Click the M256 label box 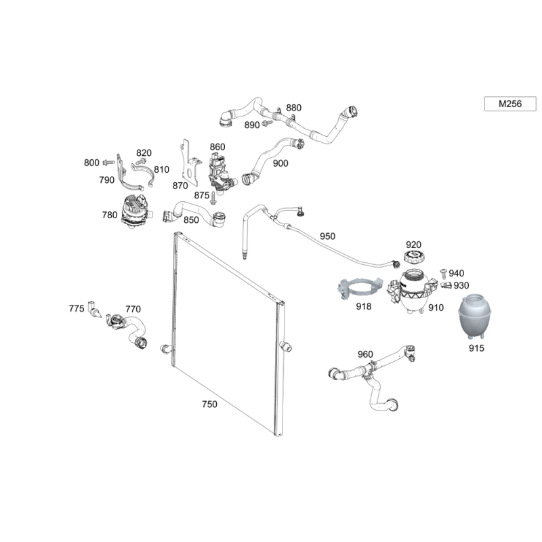[510, 104]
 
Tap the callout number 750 [209, 404]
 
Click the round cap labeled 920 [413, 257]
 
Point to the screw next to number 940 [444, 273]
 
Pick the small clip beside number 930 [446, 285]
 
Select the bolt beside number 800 [109, 162]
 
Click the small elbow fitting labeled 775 [93, 309]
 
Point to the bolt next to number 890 [267, 123]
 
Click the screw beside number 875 [213, 199]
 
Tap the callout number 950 [327, 236]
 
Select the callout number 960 [365, 354]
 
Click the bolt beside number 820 [140, 161]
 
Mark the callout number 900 [280, 163]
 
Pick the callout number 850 [191, 220]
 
